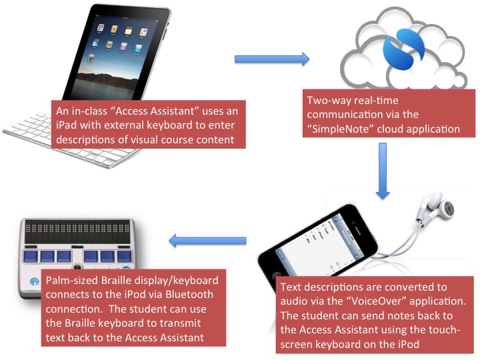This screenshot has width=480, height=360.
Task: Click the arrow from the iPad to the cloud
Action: click(272, 59)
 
